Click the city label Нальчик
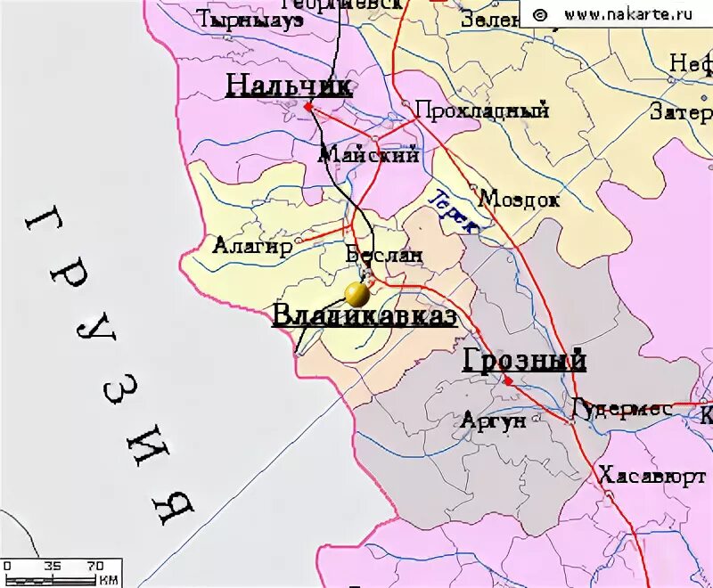289,86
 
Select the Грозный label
524,360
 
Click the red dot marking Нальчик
307,106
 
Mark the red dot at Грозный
508,381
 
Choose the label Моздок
520,199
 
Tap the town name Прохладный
482,111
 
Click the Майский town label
369,155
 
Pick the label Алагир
252,246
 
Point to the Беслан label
383,255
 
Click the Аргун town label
494,421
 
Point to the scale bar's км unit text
108,580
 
